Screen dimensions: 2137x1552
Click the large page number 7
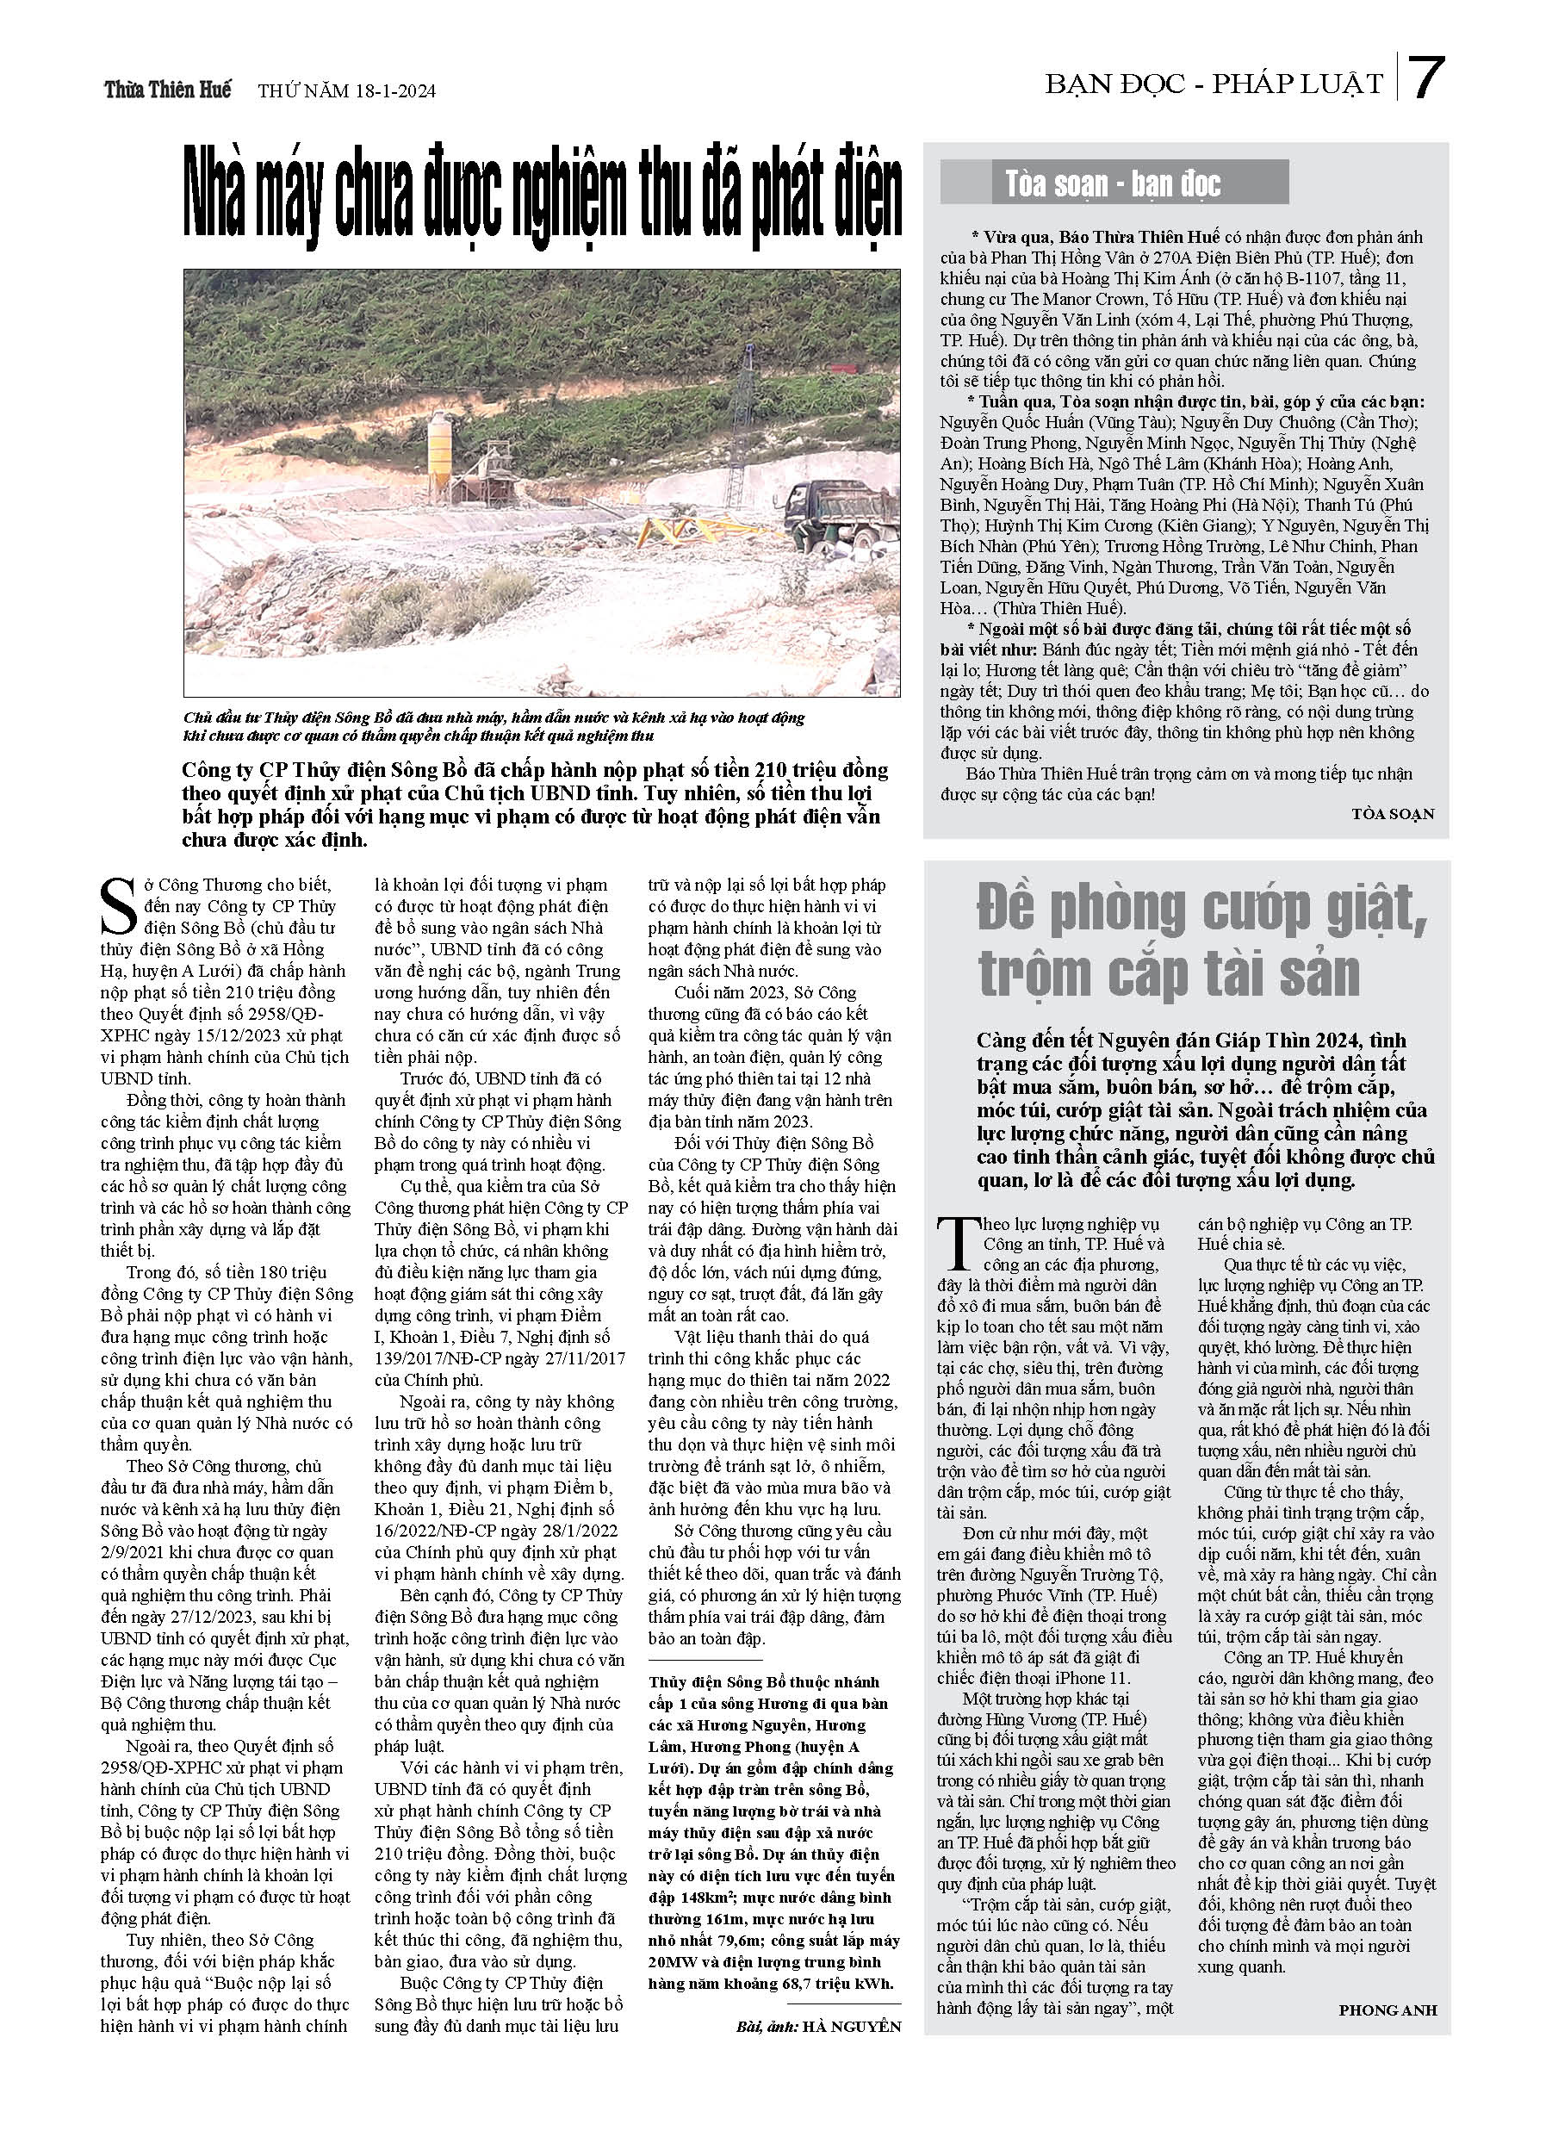coord(1426,78)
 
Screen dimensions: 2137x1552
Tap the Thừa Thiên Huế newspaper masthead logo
coord(167,90)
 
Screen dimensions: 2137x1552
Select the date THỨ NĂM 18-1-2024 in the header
coord(346,91)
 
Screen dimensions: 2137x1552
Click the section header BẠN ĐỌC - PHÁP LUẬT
coord(1213,84)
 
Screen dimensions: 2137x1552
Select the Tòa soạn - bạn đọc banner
coord(1113,183)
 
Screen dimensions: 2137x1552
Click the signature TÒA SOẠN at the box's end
coord(1392,814)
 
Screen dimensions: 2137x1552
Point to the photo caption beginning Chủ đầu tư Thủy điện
coord(494,726)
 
